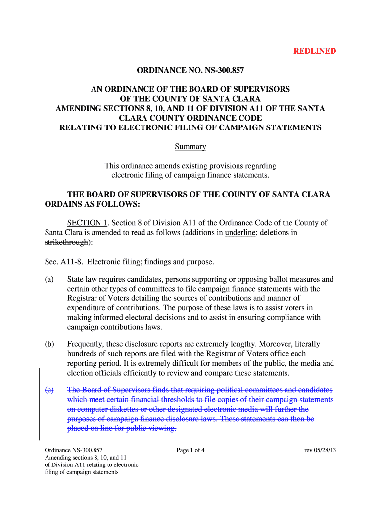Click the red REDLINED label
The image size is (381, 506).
(x=315, y=51)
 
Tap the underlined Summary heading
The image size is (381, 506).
(x=190, y=147)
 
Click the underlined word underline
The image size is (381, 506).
(x=239, y=233)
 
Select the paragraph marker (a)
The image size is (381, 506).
(x=49, y=279)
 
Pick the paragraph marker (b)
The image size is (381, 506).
(x=49, y=344)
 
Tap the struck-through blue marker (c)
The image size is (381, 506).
(x=49, y=390)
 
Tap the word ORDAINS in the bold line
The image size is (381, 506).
(x=65, y=204)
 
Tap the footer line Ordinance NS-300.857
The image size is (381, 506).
(x=73, y=450)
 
